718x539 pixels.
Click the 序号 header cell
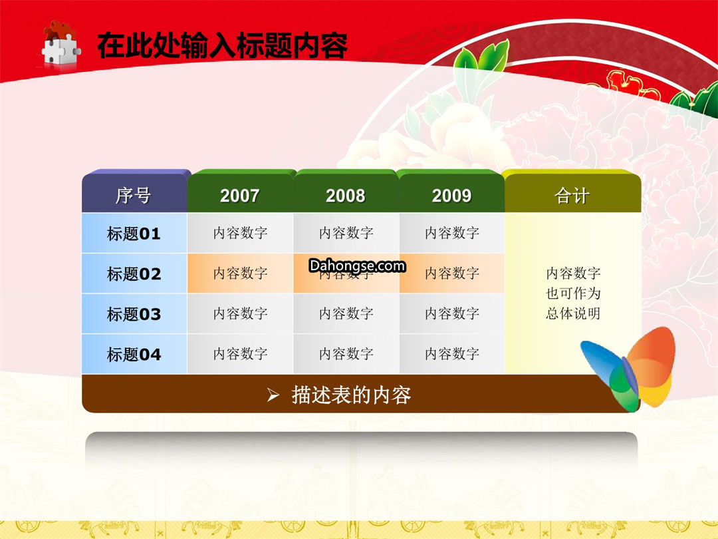[134, 192]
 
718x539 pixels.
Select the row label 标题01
[134, 233]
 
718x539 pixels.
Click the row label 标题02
[134, 273]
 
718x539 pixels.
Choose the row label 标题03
[134, 313]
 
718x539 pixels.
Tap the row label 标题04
[134, 354]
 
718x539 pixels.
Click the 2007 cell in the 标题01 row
[241, 233]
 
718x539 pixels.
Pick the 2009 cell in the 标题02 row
[452, 273]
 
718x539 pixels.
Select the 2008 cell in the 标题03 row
[346, 313]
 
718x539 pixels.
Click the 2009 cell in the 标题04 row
[452, 354]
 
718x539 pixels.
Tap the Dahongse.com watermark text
[357, 266]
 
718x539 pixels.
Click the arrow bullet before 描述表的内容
[273, 395]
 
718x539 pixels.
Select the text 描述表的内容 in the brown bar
[351, 395]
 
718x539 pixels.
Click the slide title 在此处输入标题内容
[223, 45]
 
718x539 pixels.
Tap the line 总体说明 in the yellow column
[573, 313]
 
